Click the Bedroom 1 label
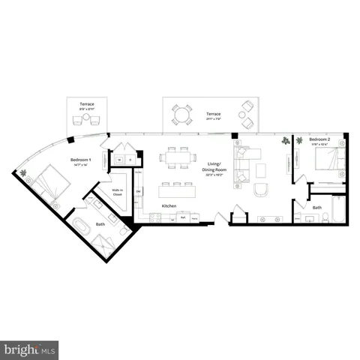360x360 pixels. click(x=81, y=161)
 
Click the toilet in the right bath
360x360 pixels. click(x=325, y=217)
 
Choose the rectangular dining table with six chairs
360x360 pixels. click(x=177, y=157)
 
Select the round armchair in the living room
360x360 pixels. click(x=261, y=189)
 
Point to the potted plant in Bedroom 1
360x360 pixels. click(x=24, y=174)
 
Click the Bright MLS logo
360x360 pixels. click(x=30, y=349)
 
